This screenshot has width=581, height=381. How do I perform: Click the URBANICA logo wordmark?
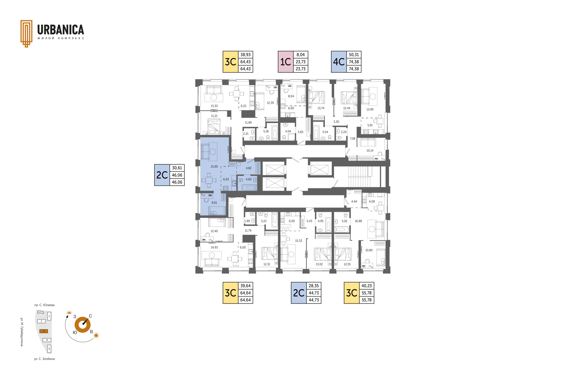pos(61,30)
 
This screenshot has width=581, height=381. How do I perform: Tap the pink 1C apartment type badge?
pos(286,62)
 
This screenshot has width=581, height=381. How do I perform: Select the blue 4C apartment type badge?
pos(339,62)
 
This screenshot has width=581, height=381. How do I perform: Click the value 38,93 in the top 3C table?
pos(245,55)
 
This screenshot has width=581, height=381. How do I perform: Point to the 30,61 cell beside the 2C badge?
pos(177,168)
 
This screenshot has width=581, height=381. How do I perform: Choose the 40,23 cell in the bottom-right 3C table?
pos(366,286)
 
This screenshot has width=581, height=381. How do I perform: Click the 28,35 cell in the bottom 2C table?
pos(313,286)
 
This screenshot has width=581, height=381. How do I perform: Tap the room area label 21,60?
pos(214,167)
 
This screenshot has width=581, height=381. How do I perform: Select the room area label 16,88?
pos(358,221)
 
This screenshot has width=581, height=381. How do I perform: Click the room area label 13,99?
pos(370,109)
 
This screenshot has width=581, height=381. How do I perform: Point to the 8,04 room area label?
pos(291,96)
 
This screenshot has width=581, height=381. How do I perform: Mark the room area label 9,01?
pos(214,203)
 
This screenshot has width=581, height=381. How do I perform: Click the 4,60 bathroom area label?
pos(248,179)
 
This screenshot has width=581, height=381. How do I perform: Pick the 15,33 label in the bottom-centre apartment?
pos(299,241)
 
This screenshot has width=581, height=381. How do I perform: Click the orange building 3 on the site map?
pos(44,331)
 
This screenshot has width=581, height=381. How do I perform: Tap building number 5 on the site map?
pos(49,349)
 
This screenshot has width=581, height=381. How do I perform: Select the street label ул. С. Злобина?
pos(44,359)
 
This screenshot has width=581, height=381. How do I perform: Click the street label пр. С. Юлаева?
pos(44,305)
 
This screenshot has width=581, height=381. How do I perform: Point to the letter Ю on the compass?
pos(75,332)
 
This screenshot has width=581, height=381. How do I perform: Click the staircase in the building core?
pos(359,177)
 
